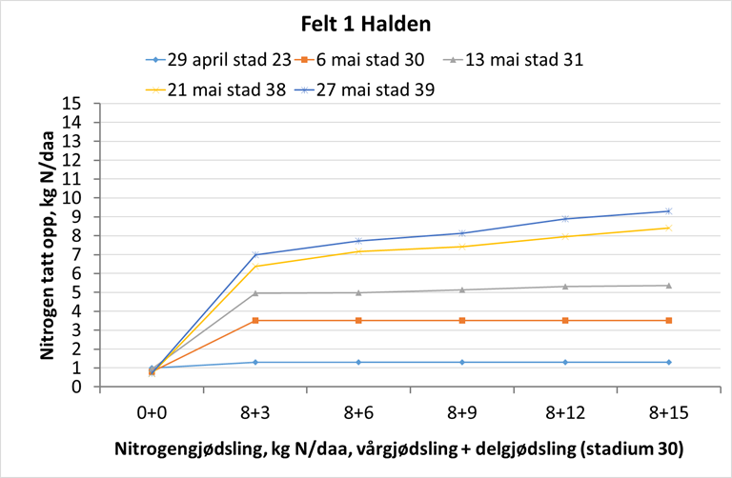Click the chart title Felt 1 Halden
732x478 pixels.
coord(367,20)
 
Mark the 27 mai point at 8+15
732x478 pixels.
coord(669,211)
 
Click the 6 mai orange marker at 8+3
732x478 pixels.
coord(255,321)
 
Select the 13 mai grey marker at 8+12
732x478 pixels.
coord(565,287)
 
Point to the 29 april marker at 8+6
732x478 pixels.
coord(358,362)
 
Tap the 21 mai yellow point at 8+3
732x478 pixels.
coord(255,266)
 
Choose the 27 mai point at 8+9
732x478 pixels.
coord(462,233)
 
